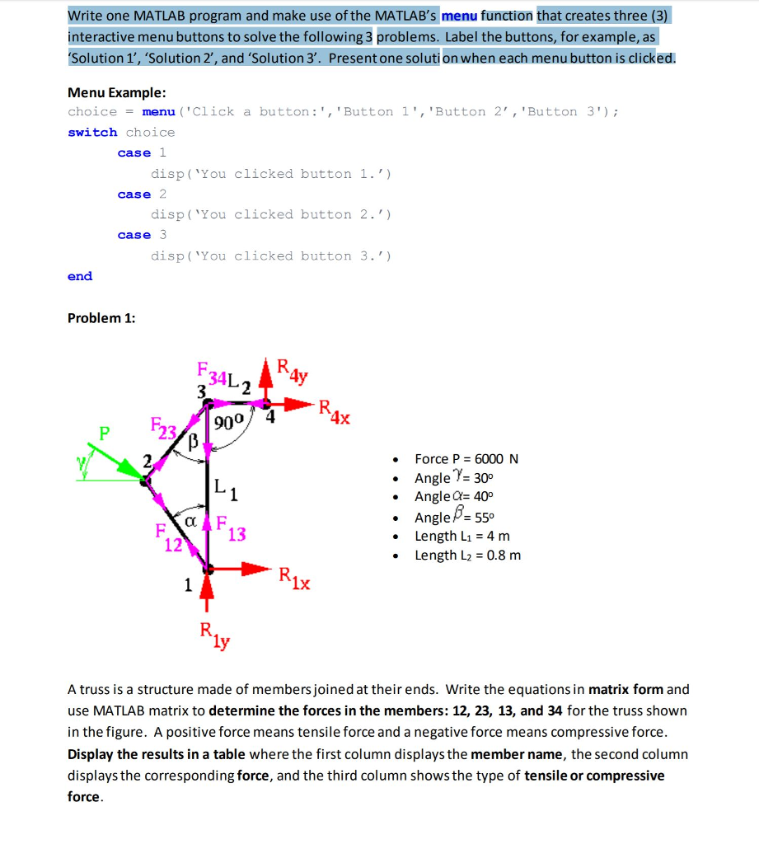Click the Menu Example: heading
coord(116,91)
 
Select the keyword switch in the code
coord(92,132)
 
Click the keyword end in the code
coord(80,276)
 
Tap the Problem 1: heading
coord(101,318)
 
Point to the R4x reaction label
coord(334,411)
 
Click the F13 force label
coord(232,527)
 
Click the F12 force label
coord(169,537)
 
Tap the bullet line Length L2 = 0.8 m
coord(467,555)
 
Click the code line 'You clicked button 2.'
coord(271,214)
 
